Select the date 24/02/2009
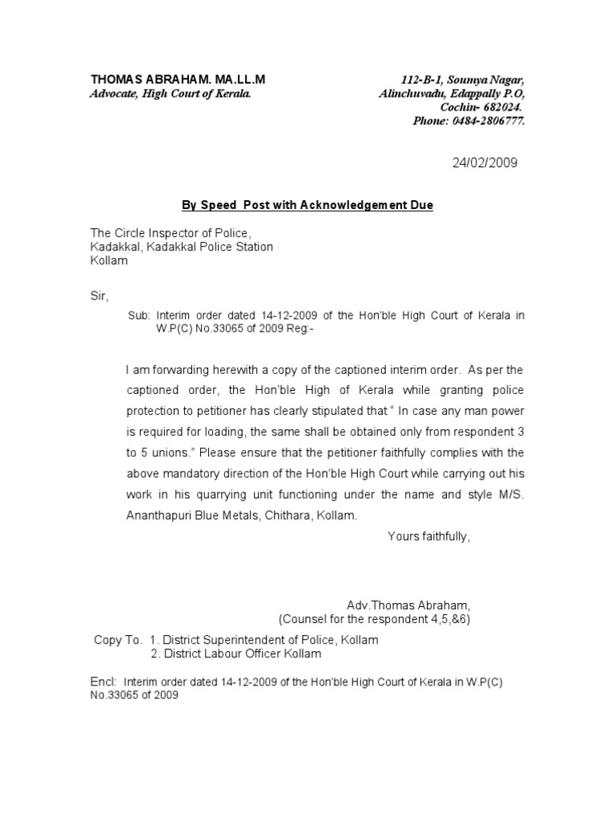tap(484, 163)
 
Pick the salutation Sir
tap(97, 295)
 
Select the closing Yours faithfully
tap(429, 537)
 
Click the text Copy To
tap(118, 640)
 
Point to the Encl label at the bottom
tap(102, 681)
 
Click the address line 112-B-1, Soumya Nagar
tap(463, 80)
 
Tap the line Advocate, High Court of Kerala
tap(170, 94)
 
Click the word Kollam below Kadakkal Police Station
tap(108, 261)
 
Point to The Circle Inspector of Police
tap(171, 233)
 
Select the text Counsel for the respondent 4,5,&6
tap(379, 619)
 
